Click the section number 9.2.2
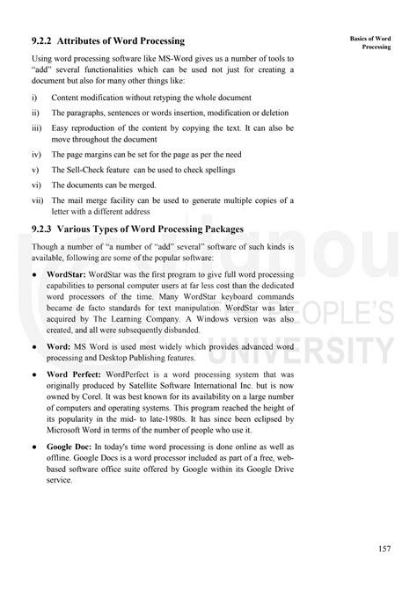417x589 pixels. [x=42, y=41]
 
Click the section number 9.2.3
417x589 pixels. [x=42, y=230]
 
